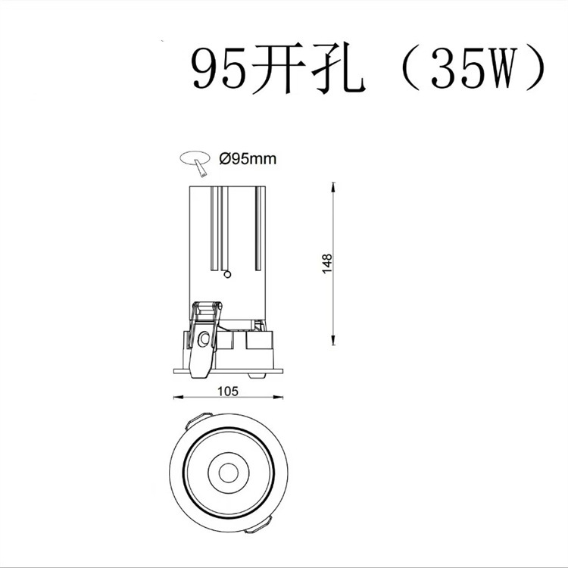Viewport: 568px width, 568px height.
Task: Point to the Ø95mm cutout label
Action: (x=247, y=159)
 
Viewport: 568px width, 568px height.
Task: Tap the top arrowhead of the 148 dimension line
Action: (x=335, y=186)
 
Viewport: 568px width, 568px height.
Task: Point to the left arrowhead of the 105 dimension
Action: (x=177, y=397)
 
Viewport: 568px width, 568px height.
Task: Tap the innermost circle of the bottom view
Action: (x=227, y=473)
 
